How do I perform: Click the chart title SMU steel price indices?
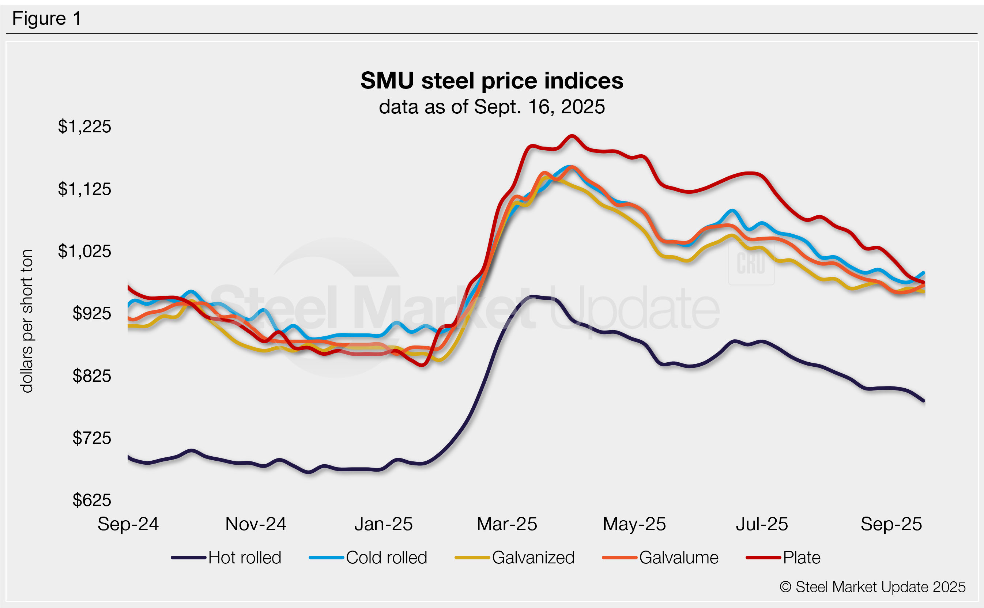491,80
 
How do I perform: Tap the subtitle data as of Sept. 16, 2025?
491,107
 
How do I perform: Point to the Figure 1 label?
47,19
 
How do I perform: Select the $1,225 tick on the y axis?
84,126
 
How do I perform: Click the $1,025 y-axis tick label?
84,251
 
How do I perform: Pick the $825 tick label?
92,376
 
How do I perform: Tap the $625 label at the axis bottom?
92,500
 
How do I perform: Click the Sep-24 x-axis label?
128,524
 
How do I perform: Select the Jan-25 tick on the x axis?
383,524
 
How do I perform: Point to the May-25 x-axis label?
634,524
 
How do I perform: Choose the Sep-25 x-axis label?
891,524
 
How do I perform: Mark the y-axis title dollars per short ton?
27,321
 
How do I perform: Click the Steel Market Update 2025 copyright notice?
872,587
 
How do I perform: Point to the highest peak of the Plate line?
572,136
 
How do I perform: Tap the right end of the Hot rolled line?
924,401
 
